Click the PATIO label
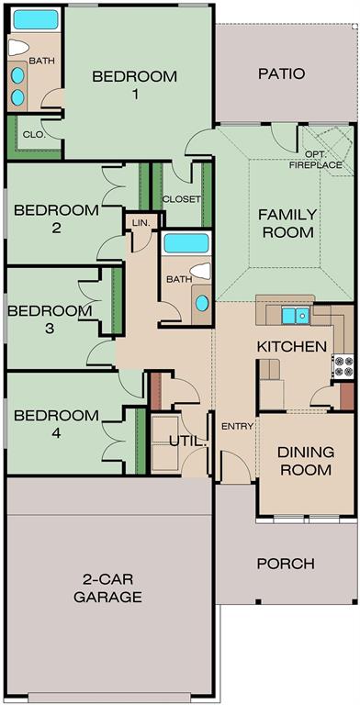282,73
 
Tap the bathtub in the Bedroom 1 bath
36,19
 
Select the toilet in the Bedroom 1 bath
19,47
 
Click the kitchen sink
296,315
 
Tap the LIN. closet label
141,222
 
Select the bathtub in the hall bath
186,243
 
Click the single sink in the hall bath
202,304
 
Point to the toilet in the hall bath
200,271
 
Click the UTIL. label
188,442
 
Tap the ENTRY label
238,427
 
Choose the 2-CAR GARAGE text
108,588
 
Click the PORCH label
286,564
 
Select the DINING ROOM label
306,461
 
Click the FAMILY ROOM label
288,223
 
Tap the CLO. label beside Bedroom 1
34,133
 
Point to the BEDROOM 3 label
50,319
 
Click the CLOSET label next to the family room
181,199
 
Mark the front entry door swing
236,466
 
